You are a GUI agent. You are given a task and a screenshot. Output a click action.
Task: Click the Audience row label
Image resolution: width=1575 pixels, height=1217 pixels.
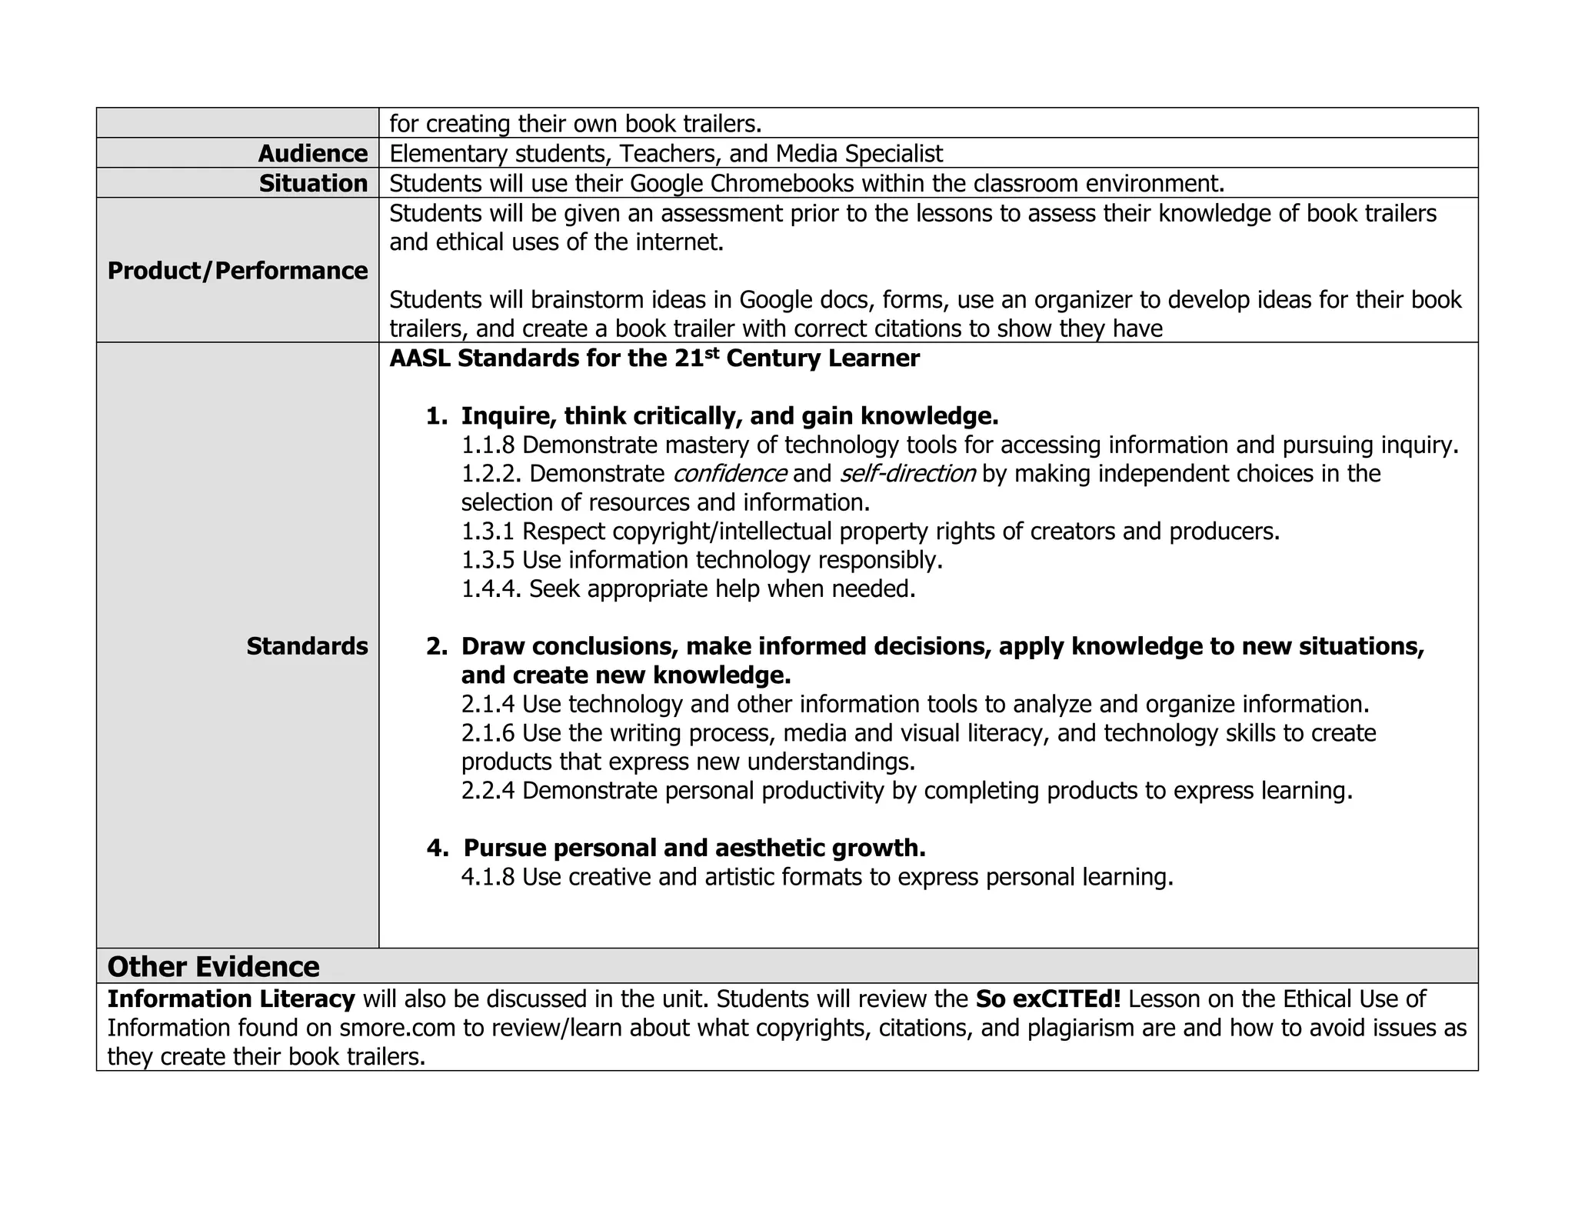click(x=313, y=154)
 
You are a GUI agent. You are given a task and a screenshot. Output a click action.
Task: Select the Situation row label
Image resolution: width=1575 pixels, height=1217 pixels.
click(x=313, y=184)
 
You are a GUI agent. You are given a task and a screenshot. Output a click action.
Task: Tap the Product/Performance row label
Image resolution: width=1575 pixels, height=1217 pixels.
click(x=238, y=271)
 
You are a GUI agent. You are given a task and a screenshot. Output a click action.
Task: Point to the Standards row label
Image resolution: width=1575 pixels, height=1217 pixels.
click(x=307, y=646)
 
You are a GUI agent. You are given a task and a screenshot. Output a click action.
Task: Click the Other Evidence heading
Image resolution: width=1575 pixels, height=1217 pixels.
click(x=213, y=966)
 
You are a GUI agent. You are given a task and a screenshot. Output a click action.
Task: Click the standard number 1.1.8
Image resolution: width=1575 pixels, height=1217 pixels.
click(x=488, y=445)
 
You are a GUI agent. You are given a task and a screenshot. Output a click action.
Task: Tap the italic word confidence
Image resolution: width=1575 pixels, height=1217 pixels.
click(x=729, y=474)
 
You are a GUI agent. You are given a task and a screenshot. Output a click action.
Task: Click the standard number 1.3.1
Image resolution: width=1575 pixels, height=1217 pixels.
click(x=488, y=532)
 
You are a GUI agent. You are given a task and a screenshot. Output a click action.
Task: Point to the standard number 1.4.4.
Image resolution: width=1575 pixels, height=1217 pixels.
click(x=491, y=589)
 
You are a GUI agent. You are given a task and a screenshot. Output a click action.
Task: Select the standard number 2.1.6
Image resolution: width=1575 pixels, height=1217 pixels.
click(x=488, y=733)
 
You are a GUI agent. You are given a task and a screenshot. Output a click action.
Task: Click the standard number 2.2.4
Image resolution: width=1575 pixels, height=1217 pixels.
click(x=488, y=791)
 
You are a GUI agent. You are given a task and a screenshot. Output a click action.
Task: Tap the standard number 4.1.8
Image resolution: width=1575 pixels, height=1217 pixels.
click(x=488, y=877)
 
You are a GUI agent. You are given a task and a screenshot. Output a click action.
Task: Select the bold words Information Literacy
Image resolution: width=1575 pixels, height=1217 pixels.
click(x=231, y=999)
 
